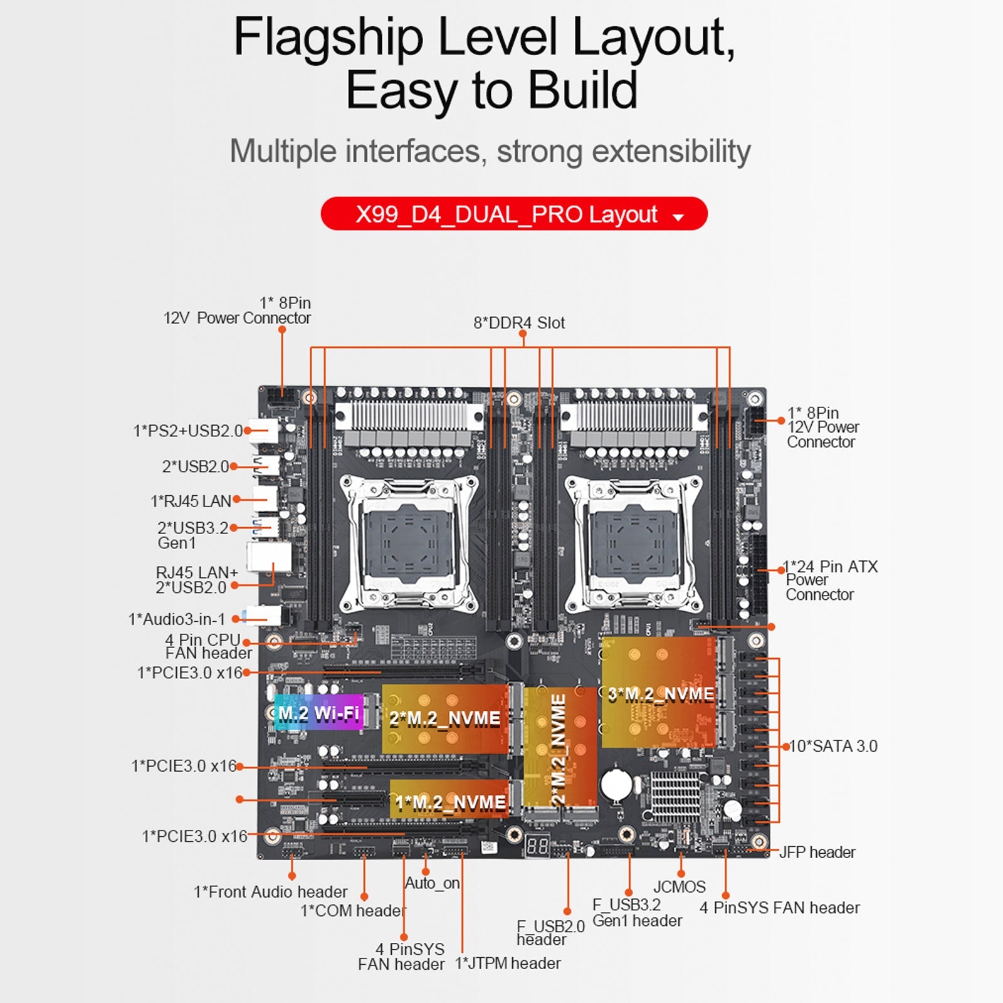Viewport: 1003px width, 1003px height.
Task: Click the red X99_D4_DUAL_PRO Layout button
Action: click(514, 214)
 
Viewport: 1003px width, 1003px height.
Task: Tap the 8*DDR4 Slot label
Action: click(519, 323)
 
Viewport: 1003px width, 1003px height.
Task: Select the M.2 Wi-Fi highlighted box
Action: click(318, 713)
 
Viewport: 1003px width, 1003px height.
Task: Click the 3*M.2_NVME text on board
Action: click(661, 694)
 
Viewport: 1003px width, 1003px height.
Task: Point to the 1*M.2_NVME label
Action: click(450, 802)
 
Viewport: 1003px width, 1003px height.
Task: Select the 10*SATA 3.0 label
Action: click(833, 746)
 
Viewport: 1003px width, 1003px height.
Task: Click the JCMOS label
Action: click(680, 887)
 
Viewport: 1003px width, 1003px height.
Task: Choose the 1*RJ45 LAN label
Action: click(191, 501)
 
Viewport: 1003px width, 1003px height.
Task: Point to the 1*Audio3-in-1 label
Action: click(177, 619)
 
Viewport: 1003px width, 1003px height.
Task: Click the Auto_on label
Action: click(432, 883)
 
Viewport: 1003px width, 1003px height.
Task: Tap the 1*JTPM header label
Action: click(508, 963)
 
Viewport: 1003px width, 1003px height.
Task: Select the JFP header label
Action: click(817, 853)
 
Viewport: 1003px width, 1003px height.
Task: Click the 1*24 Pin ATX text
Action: click(831, 567)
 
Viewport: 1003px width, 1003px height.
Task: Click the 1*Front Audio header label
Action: click(270, 891)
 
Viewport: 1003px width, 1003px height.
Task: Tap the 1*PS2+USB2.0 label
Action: click(187, 431)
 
